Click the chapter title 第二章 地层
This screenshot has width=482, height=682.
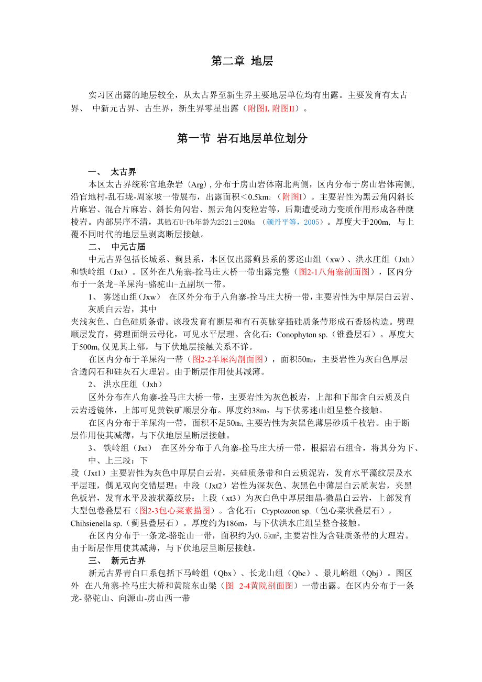242,61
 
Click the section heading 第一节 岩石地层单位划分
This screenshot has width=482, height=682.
242,139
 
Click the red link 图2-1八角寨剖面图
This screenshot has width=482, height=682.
334,271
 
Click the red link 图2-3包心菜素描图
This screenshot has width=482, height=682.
175,510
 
